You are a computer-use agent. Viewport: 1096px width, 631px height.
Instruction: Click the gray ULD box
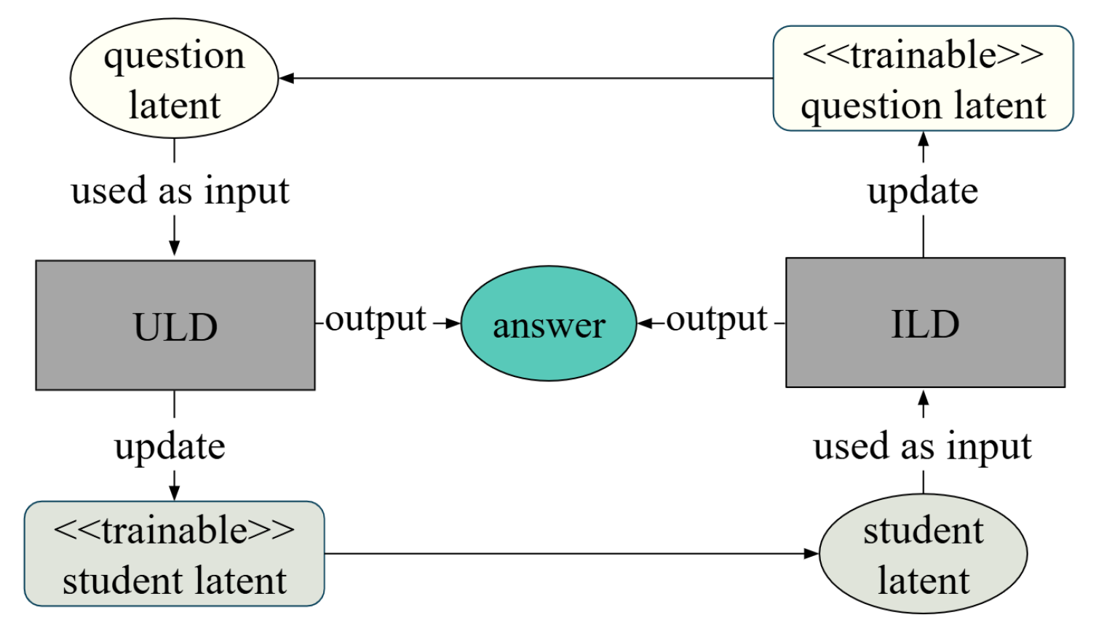[175, 325]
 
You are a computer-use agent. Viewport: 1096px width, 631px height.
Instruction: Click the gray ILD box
[925, 322]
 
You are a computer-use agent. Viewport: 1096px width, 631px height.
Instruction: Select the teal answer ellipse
[549, 323]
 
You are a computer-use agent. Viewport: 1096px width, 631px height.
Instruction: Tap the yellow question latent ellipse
[174, 79]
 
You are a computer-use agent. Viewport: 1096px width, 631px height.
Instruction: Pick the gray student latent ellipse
[923, 554]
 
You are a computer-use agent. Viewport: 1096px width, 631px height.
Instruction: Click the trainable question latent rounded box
[923, 79]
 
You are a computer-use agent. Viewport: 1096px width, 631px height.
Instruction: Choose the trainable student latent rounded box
[174, 554]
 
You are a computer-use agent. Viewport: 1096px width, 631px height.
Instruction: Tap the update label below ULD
[170, 446]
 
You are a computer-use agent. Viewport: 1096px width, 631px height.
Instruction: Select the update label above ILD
[923, 191]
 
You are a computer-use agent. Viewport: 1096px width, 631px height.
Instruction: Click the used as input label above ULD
[180, 191]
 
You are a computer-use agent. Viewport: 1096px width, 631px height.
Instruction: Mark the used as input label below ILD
[922, 446]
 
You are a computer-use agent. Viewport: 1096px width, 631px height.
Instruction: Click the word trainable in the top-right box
[923, 55]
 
